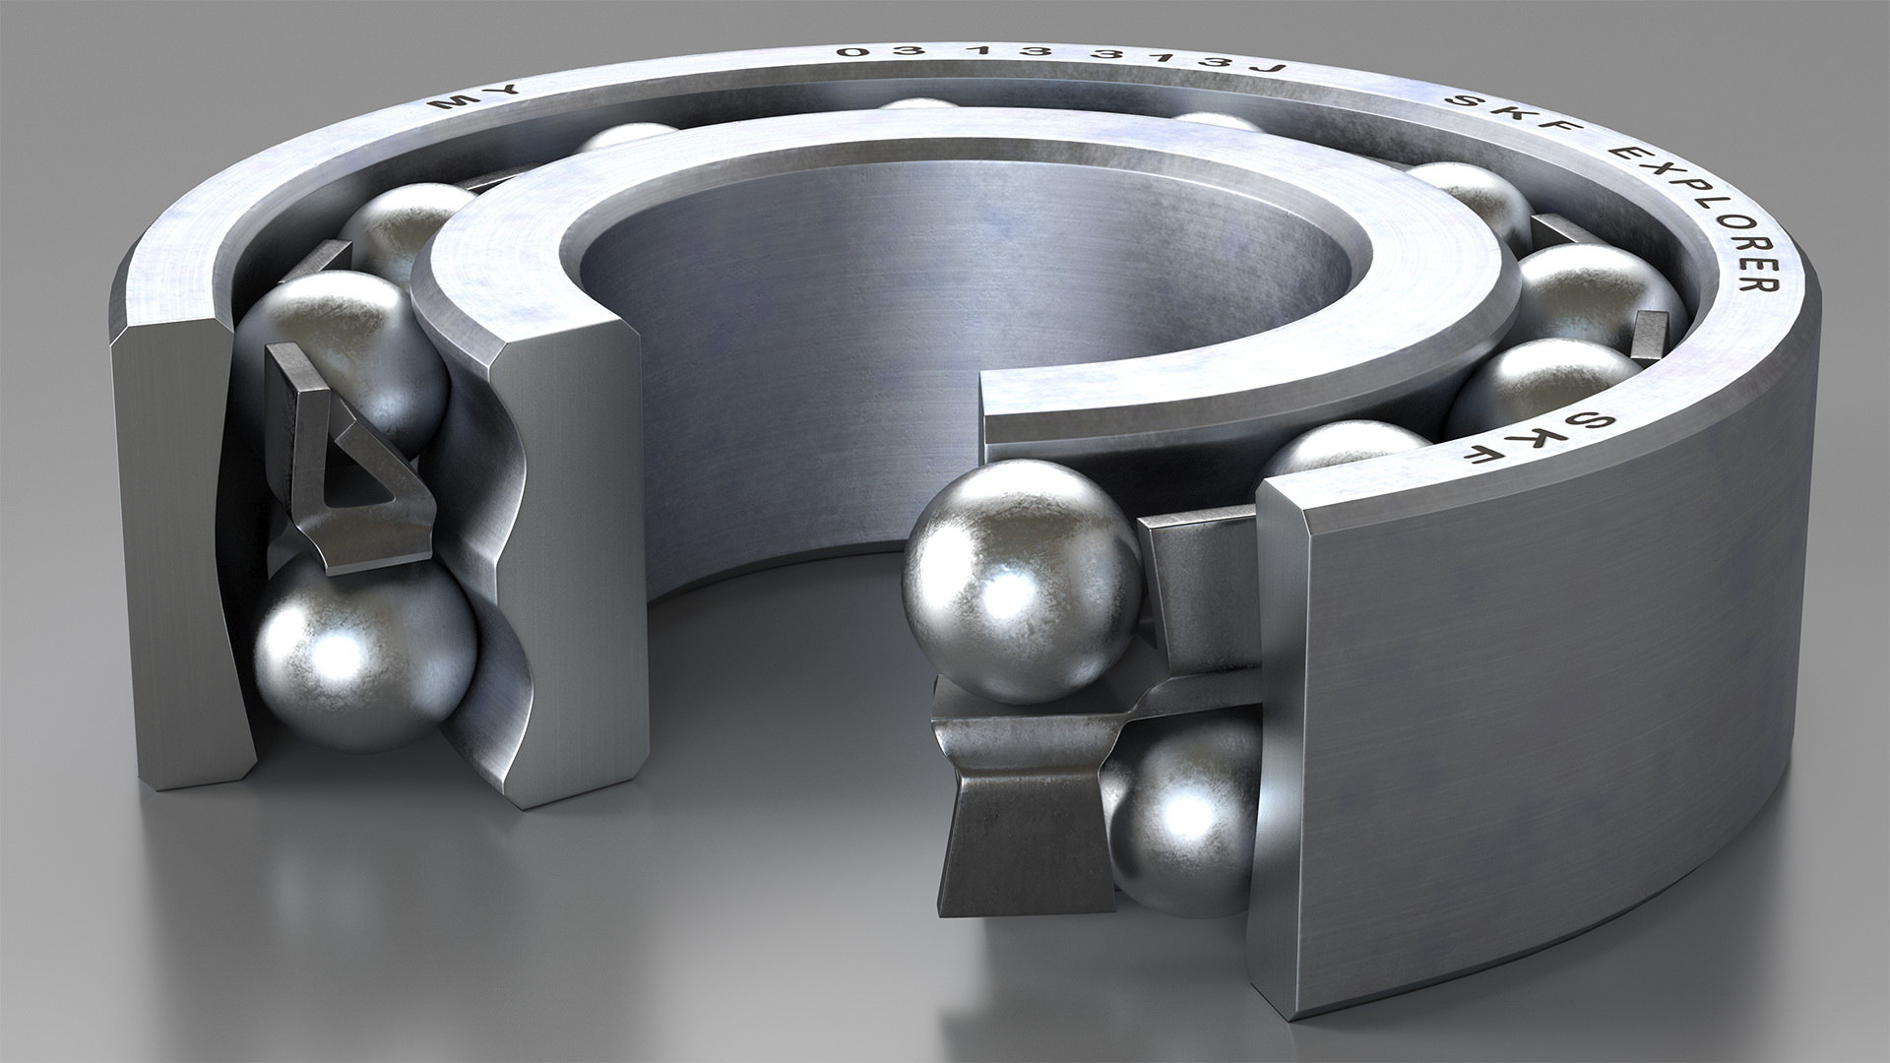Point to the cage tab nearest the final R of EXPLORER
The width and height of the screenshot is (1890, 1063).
coord(1650,340)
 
